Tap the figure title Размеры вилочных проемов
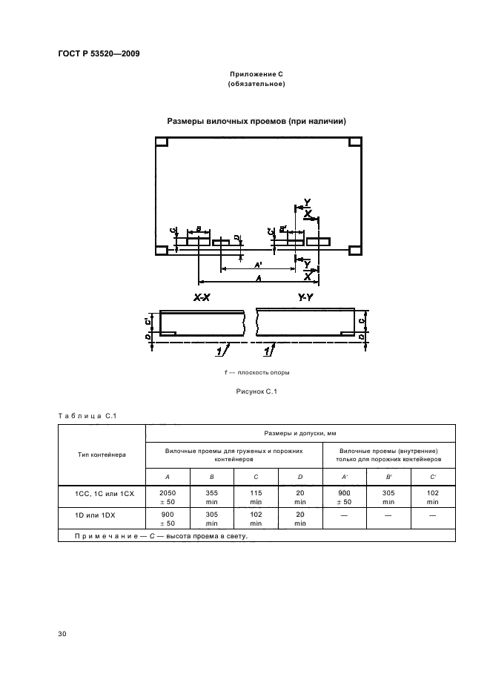[256, 121]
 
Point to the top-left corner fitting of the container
[161, 142]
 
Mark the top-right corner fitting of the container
[354, 142]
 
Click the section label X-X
[202, 298]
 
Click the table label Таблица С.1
[84, 415]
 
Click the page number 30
[62, 633]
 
